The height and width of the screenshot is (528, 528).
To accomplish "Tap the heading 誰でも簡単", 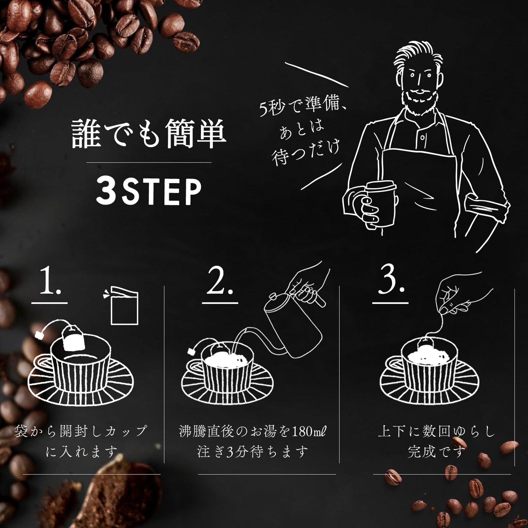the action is click(149, 134).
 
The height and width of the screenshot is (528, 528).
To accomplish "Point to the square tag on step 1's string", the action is click(40, 335).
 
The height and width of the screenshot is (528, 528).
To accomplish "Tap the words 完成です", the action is click(437, 452).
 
